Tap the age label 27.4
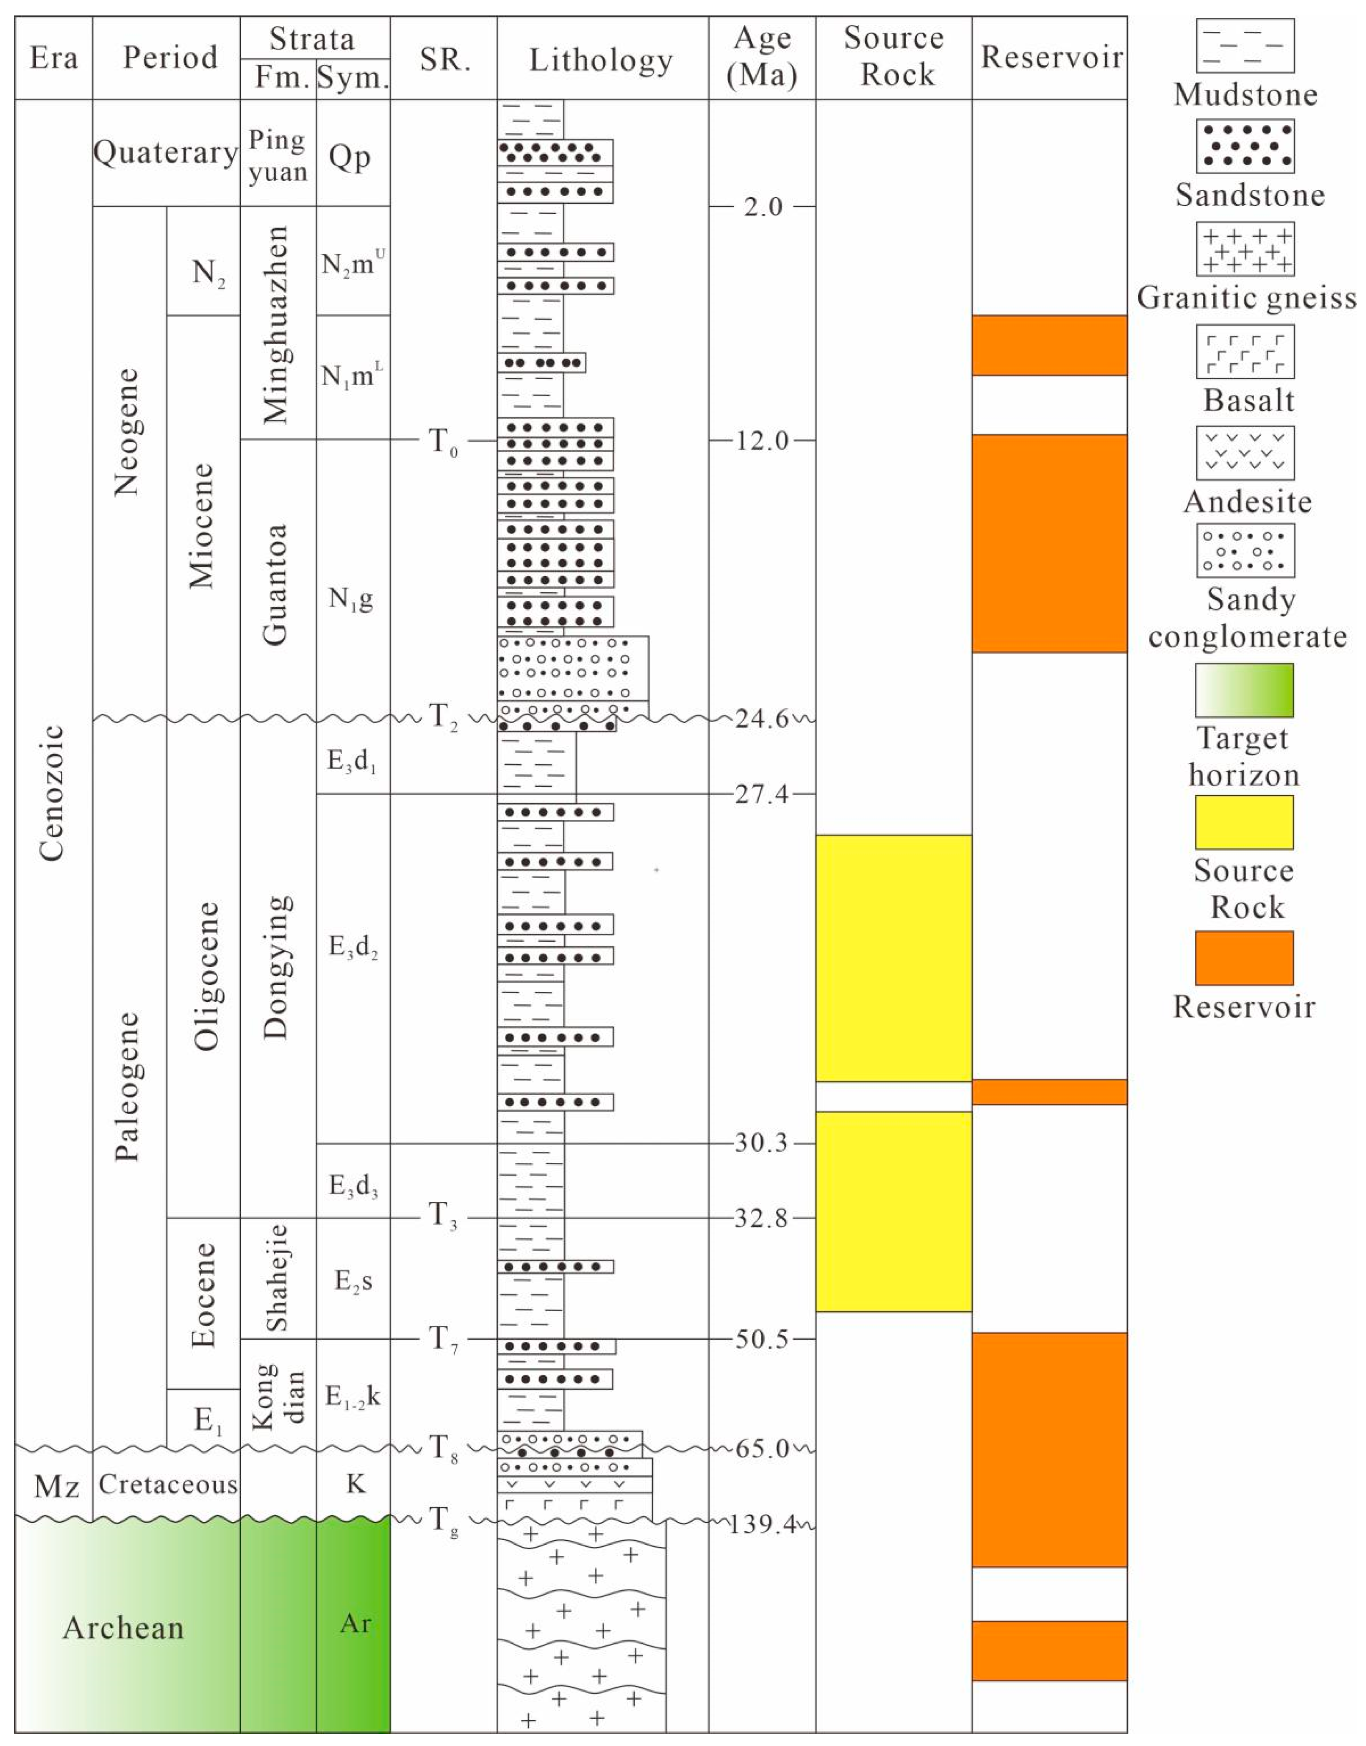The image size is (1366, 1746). click(x=761, y=794)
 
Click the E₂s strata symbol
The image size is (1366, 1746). click(x=353, y=1281)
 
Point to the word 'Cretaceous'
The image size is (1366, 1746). click(x=168, y=1484)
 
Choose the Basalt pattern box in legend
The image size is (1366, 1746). click(x=1245, y=351)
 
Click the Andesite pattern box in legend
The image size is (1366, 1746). click(x=1245, y=453)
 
